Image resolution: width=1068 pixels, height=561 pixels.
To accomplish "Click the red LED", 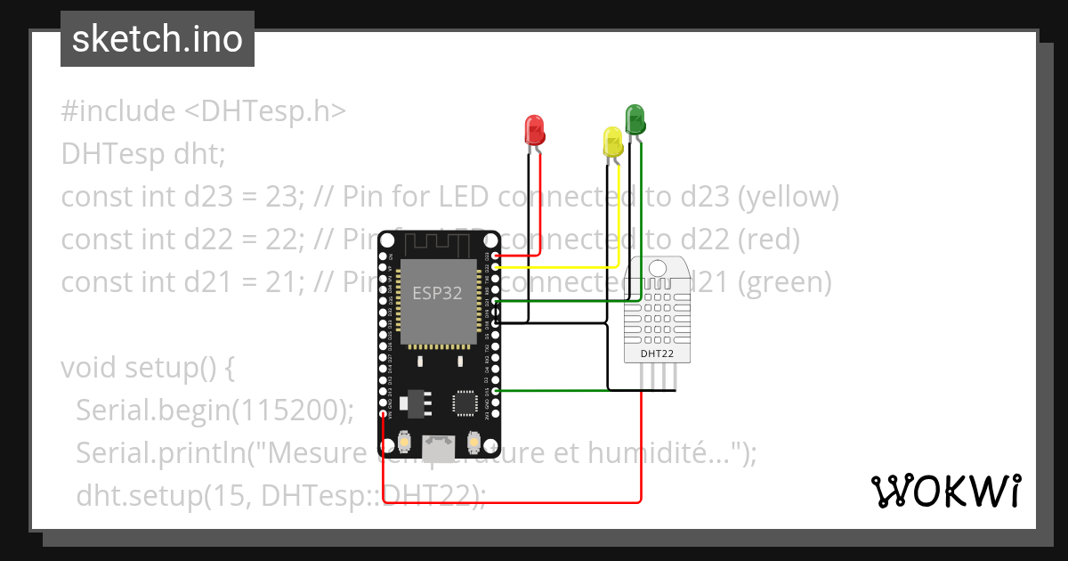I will (535, 130).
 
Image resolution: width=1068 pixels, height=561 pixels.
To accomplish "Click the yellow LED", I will (612, 142).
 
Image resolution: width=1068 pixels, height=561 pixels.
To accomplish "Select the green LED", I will (635, 118).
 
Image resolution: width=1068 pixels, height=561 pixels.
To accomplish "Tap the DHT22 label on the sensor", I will (658, 354).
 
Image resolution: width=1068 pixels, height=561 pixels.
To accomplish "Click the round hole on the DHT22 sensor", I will (658, 267).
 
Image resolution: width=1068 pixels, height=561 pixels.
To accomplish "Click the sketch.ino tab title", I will (157, 39).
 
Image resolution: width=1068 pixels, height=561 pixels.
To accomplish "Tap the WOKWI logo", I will (945, 491).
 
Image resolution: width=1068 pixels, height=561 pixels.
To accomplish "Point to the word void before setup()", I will (89, 367).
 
